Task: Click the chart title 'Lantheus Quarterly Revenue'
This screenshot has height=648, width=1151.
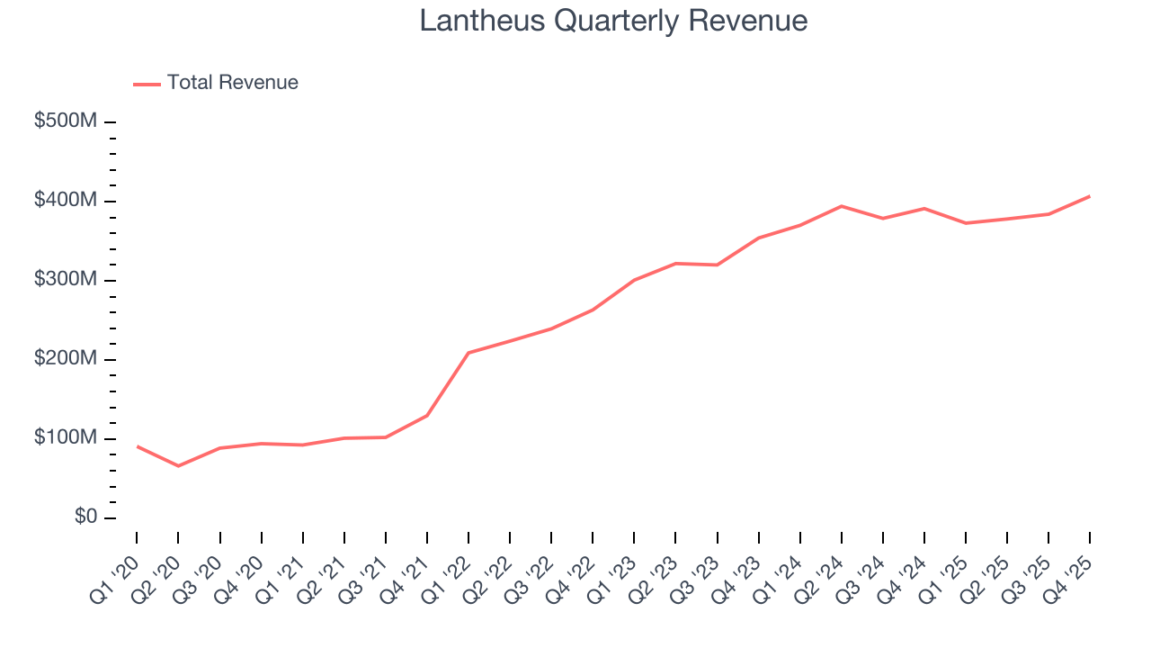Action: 613,21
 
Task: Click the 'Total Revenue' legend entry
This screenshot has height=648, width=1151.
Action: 232,83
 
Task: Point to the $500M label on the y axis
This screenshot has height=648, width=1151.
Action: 65,121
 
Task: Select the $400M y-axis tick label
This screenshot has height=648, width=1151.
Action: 65,201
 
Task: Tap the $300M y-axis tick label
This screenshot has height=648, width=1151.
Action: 65,280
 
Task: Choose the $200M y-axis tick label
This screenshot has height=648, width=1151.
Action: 65,359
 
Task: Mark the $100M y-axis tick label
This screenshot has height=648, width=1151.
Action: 65,438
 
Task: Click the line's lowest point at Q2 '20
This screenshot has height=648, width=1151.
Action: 178,466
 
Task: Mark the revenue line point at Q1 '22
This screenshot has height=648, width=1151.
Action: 468,353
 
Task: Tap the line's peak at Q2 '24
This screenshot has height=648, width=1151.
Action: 841,206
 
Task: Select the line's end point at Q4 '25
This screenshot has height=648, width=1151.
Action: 1090,196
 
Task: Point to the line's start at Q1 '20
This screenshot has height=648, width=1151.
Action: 137,446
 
